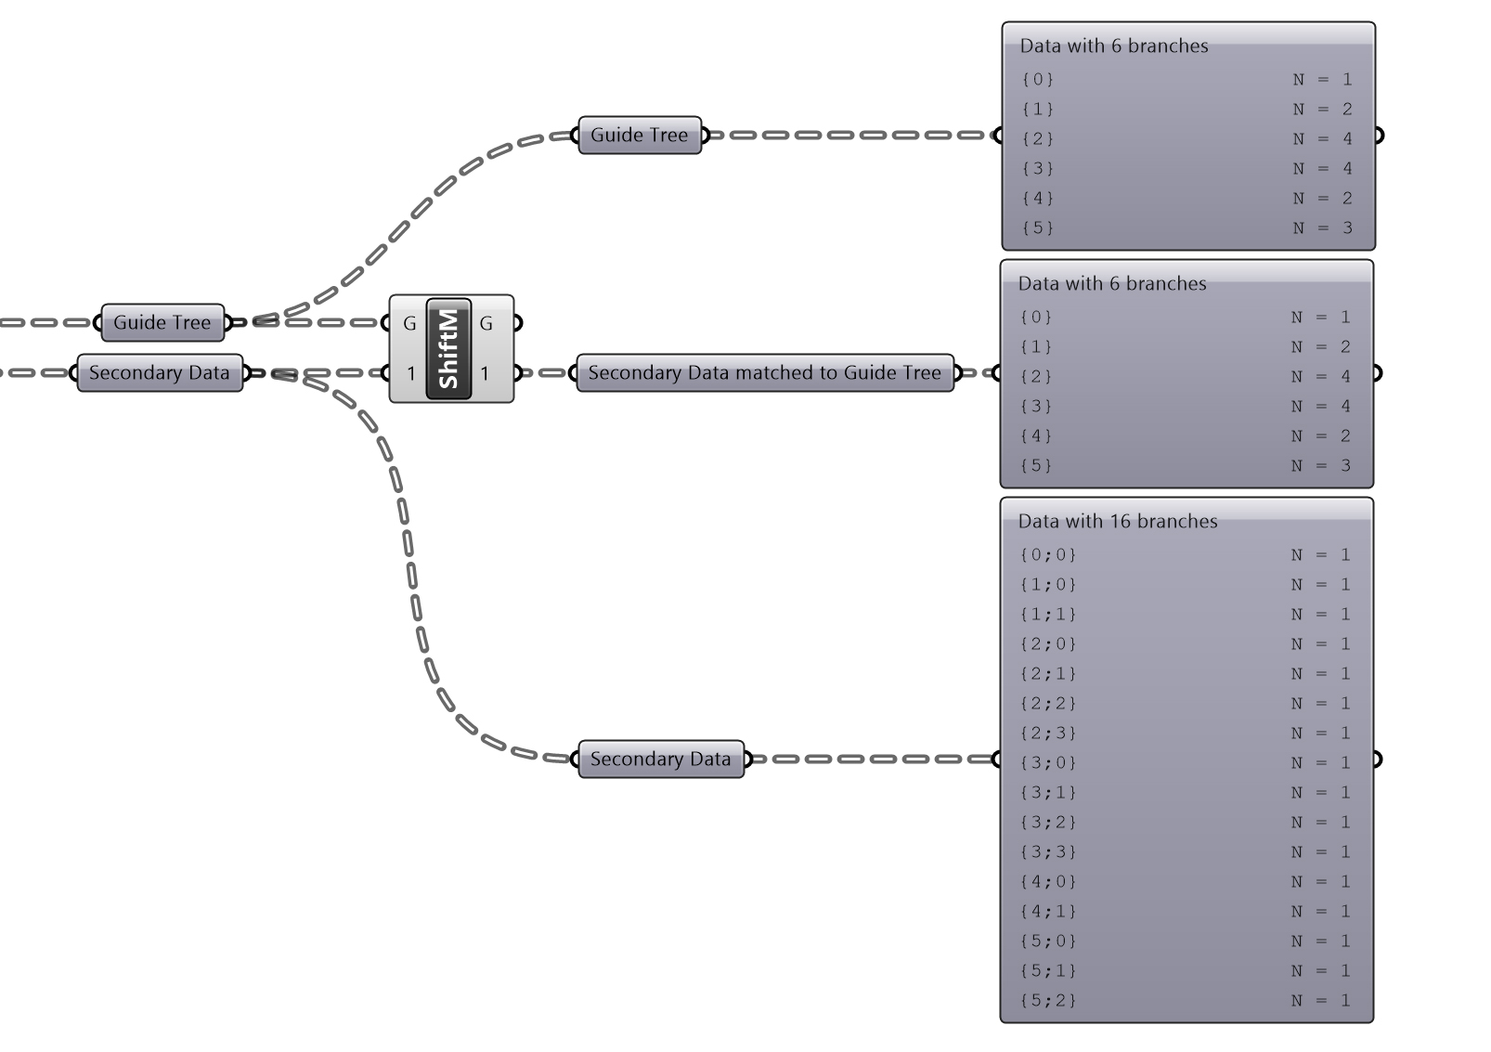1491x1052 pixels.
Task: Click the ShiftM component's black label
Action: click(x=449, y=348)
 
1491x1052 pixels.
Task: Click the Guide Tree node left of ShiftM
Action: click(x=162, y=322)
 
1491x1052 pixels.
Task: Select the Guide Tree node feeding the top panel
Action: click(x=640, y=136)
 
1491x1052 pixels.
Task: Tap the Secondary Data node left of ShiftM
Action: click(x=160, y=373)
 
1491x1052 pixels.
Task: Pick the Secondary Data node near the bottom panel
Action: click(x=661, y=760)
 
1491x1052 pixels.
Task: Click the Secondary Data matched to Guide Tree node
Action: click(x=765, y=373)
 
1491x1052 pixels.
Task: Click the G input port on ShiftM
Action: click(x=408, y=323)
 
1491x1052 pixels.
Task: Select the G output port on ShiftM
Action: click(x=486, y=323)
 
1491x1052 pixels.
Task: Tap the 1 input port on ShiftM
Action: click(x=410, y=373)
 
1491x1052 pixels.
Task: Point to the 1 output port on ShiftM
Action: click(x=485, y=373)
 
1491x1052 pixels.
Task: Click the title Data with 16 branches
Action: click(x=1118, y=521)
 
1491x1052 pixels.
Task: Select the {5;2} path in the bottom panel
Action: click(x=1048, y=1001)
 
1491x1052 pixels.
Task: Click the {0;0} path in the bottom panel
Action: click(x=1048, y=555)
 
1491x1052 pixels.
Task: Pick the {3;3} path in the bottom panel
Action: click(x=1048, y=852)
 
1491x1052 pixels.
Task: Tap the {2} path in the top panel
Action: click(x=1038, y=139)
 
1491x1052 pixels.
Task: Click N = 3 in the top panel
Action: click(x=1323, y=228)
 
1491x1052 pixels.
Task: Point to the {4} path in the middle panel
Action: click(x=1036, y=436)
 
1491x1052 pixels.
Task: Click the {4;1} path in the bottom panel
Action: click(x=1048, y=912)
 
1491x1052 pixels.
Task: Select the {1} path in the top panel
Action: click(x=1038, y=110)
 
